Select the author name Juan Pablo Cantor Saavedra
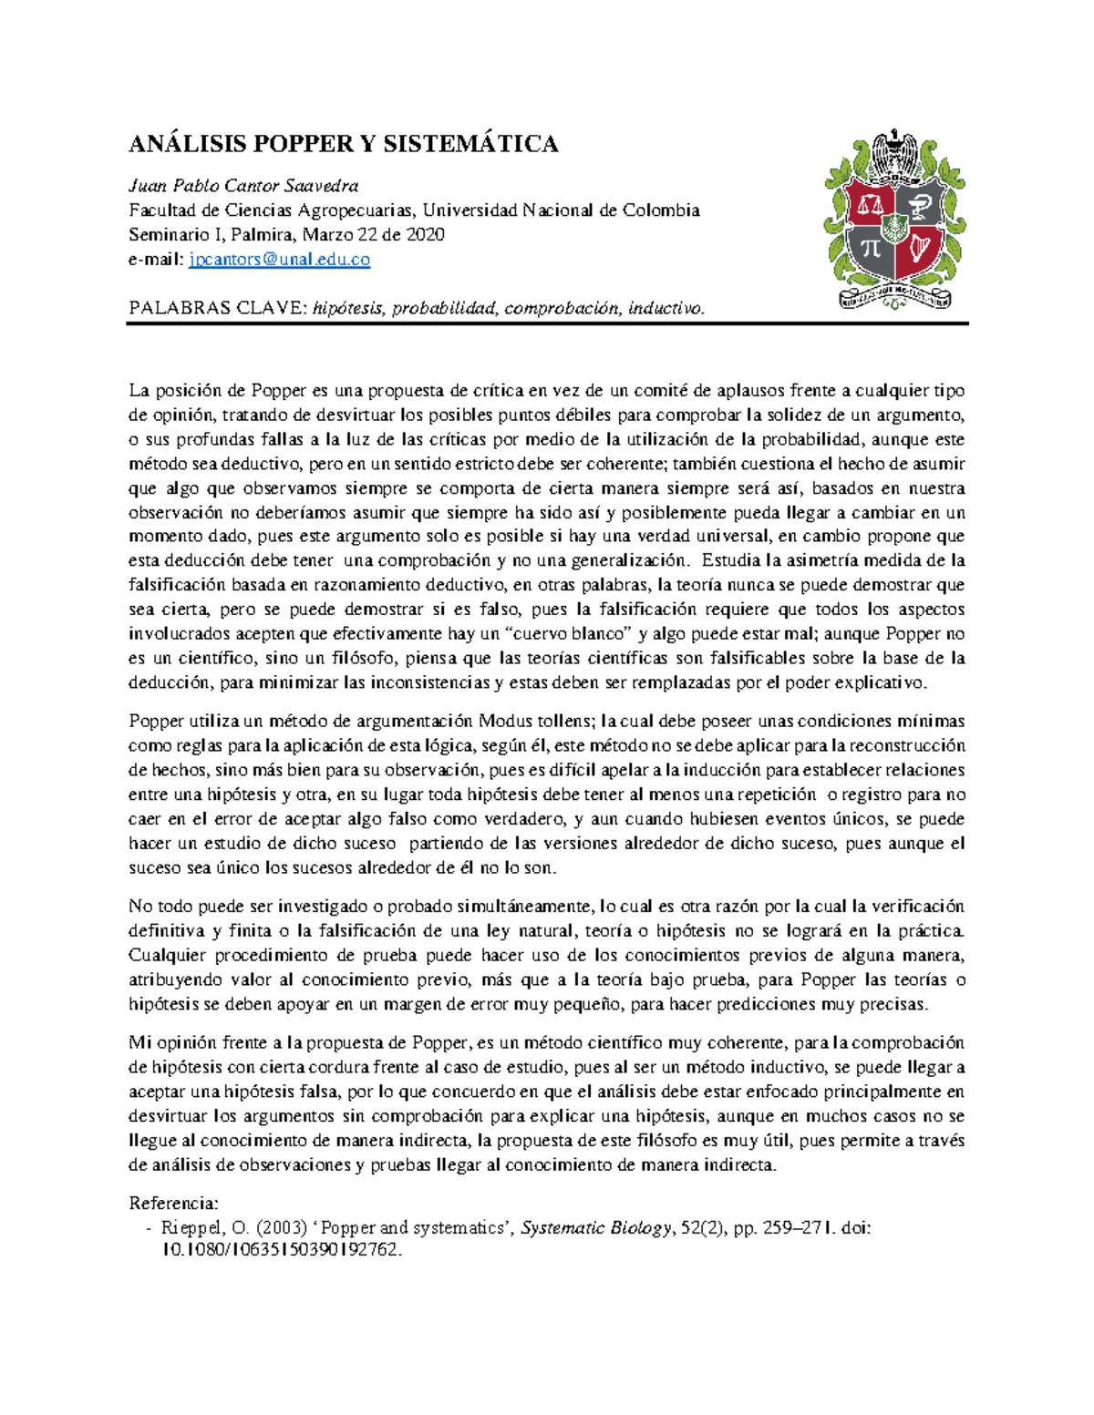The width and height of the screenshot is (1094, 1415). point(243,186)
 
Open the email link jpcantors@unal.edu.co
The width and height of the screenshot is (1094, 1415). point(279,260)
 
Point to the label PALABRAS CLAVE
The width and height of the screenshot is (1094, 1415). point(217,308)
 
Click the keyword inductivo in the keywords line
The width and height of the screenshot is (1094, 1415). point(666,308)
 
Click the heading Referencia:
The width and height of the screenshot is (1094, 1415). point(173,1203)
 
